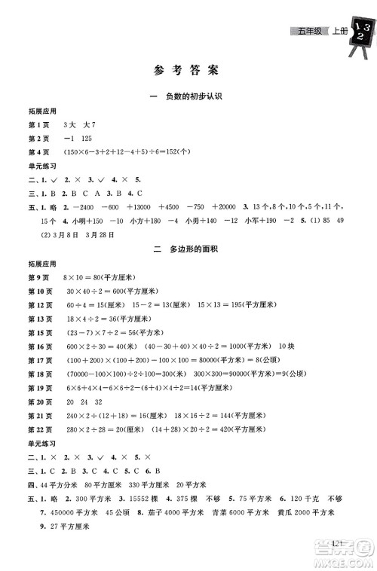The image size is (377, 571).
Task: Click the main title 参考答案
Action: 188,72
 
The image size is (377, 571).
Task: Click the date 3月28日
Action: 103,234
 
